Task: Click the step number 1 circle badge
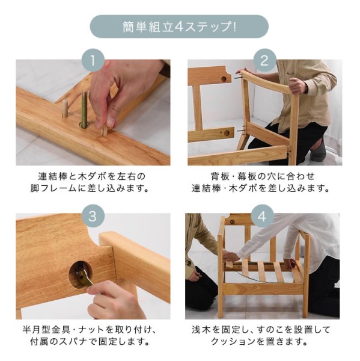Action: pos(93,60)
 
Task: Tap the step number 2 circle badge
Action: pos(265,60)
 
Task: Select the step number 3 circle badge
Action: pos(93,216)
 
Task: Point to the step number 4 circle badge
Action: pos(263,216)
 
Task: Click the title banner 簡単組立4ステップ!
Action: pos(179,26)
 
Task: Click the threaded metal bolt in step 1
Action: pos(84,109)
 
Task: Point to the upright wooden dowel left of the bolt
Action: pos(65,108)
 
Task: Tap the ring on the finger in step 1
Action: pos(117,108)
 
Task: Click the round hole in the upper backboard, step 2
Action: pos(224,79)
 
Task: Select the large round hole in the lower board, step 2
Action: pos(227,133)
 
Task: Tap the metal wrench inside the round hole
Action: pos(84,276)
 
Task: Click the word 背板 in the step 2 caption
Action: pos(217,177)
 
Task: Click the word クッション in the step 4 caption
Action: pos(234,342)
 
